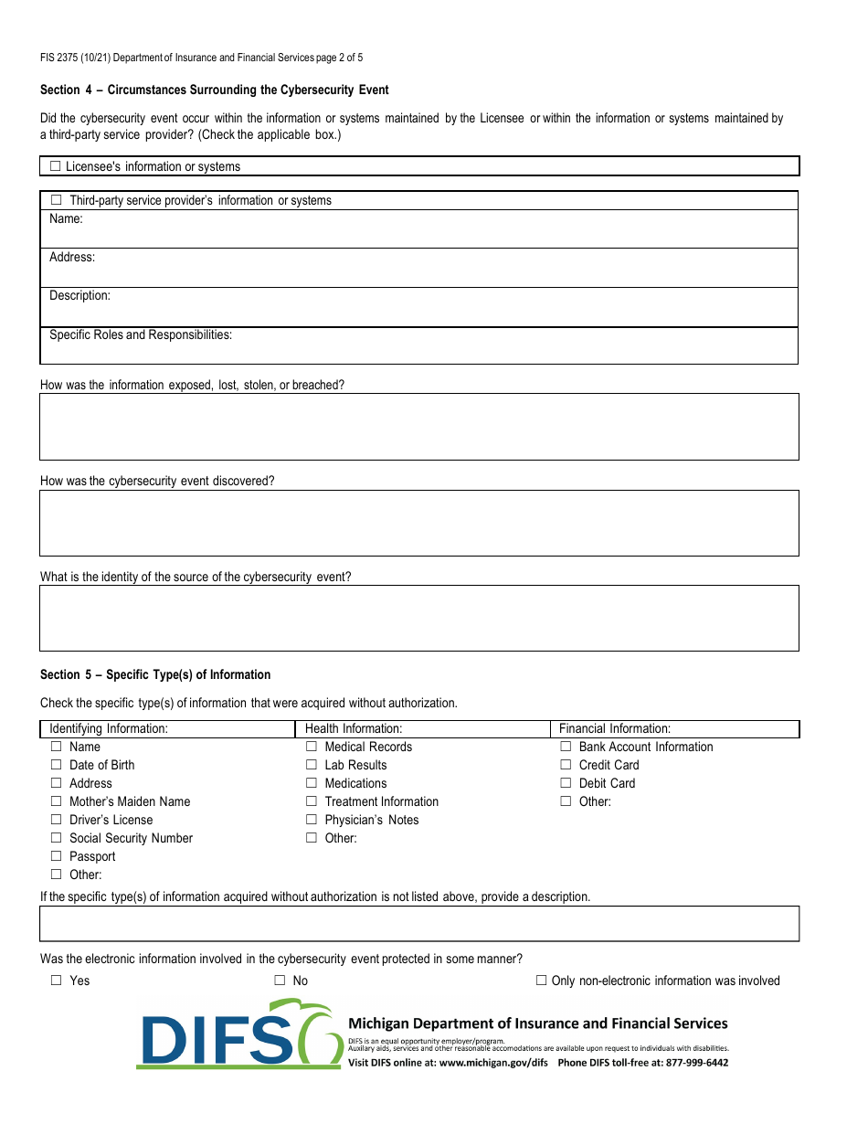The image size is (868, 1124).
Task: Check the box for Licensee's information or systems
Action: pos(56,166)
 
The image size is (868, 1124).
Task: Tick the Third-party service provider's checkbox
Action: pos(56,200)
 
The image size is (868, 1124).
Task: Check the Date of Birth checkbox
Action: pos(56,765)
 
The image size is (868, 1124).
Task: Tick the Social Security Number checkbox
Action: pos(56,838)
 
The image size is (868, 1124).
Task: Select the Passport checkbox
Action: pos(56,856)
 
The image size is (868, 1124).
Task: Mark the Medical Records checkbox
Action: pos(312,747)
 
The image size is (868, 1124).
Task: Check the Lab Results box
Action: pos(312,765)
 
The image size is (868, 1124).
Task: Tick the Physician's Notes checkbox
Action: pos(312,820)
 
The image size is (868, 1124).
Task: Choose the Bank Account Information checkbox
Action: pos(566,747)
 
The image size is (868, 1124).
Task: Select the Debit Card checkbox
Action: pos(566,783)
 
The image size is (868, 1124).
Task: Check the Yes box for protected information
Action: pos(56,981)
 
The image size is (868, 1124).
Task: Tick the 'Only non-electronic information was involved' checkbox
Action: pos(542,981)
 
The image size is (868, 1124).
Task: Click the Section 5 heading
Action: pos(155,675)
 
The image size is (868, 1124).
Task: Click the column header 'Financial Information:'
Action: pos(615,728)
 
